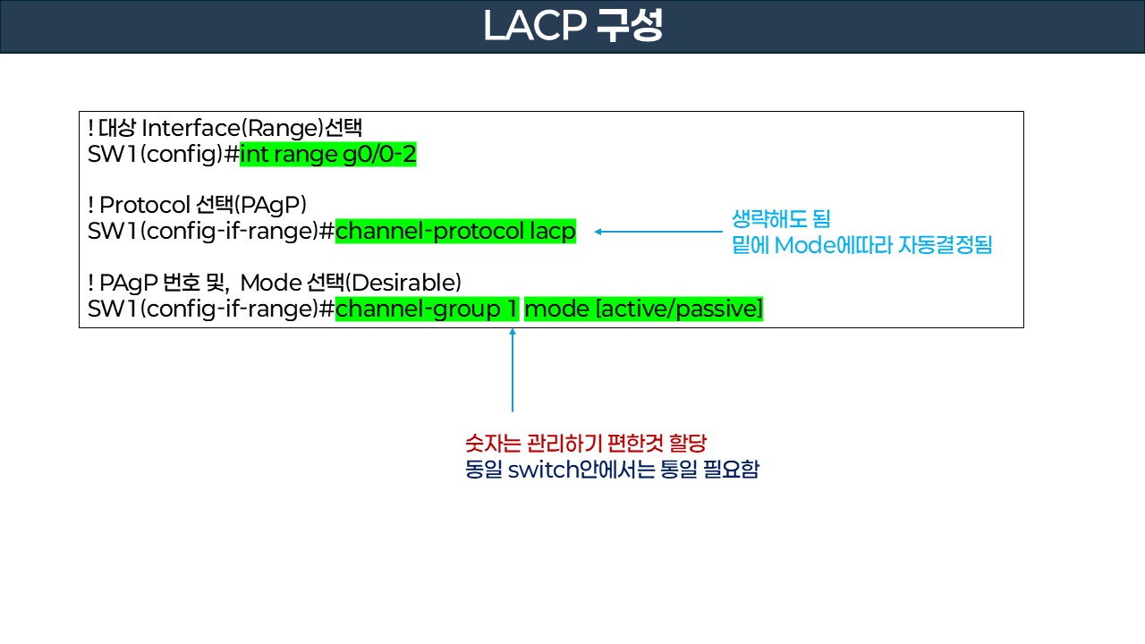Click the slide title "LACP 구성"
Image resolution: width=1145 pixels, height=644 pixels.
572,27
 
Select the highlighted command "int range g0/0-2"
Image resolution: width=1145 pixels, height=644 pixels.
327,155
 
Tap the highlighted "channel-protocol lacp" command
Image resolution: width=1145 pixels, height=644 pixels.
455,232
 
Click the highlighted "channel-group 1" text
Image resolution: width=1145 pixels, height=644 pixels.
427,309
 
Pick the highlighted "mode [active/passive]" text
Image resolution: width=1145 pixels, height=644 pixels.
643,309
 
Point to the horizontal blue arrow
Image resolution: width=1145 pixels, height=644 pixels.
657,233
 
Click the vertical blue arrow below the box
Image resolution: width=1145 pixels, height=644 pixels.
513,370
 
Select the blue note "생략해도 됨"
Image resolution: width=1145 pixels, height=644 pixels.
781,218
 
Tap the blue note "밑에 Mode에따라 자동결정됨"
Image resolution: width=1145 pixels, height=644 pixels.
861,245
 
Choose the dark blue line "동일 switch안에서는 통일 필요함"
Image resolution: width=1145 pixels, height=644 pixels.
612,470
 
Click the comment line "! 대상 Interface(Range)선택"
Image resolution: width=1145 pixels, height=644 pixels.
225,129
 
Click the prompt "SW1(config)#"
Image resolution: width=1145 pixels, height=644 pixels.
164,155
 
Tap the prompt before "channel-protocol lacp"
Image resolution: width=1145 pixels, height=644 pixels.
211,232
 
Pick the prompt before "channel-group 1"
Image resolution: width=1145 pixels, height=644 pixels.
211,309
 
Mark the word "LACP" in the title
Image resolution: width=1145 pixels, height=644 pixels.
533,27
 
